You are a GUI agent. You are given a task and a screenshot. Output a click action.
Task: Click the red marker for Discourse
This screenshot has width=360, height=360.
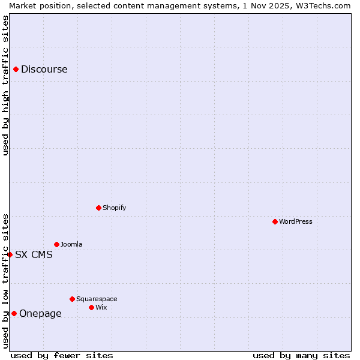pos(16,69)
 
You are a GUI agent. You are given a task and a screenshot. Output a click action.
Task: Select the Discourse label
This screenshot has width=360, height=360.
pos(44,69)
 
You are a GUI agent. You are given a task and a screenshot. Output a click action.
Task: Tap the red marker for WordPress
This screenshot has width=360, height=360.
pos(275,221)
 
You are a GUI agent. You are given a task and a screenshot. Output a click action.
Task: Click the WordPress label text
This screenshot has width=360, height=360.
pos(296,221)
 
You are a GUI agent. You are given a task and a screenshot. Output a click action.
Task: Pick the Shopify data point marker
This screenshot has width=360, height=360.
pos(98,208)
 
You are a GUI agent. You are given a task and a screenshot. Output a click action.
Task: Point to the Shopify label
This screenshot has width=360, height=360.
pos(115,208)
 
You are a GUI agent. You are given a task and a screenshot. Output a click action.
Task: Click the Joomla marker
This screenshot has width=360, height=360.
pos(56,244)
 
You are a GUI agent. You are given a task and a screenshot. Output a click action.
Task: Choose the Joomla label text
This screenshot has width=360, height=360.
pos(72,244)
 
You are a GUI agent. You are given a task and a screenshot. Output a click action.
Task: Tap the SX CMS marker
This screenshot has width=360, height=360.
pos(10,254)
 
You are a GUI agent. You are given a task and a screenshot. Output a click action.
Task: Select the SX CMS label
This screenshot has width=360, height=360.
pos(34,254)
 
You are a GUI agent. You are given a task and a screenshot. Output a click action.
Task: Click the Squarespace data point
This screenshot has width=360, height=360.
pos(72,299)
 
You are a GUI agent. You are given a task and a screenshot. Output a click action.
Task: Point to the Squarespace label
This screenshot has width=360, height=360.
pos(97,299)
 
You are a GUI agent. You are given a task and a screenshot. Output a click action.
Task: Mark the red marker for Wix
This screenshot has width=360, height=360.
pos(91,307)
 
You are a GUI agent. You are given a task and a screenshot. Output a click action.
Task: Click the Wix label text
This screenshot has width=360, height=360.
pos(101,307)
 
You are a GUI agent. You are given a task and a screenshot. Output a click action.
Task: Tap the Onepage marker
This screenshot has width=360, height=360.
pos(14,313)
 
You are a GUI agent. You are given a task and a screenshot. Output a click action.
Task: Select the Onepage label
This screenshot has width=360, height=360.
pos(40,313)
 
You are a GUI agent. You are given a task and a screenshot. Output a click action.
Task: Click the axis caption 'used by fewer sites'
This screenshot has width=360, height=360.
pos(62,355)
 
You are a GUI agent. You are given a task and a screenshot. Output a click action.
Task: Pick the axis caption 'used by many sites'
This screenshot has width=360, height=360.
pos(301,355)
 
